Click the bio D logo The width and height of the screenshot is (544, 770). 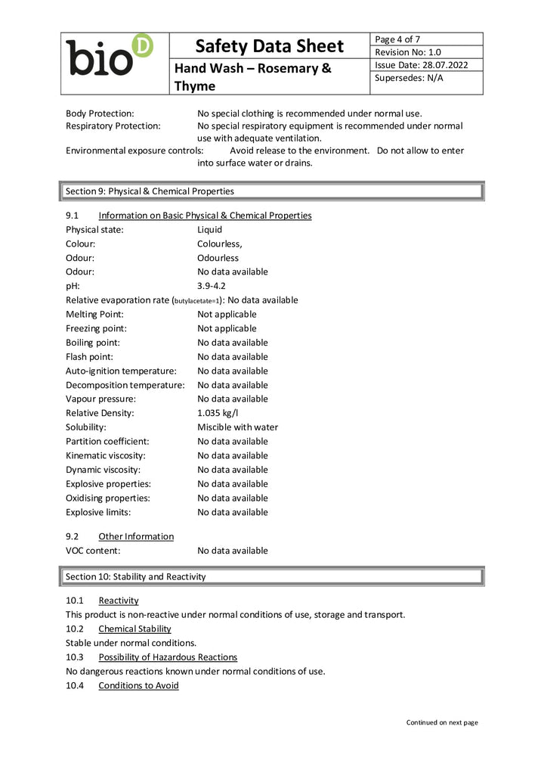coord(109,55)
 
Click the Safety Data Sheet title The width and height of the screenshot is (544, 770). coord(269,46)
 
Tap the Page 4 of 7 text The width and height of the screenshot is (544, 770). coord(398,39)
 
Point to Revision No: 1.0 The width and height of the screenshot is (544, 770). coord(408,52)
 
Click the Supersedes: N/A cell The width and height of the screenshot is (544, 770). coord(410,78)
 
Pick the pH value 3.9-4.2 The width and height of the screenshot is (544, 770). coord(212,286)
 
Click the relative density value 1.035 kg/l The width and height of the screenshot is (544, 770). coord(218,413)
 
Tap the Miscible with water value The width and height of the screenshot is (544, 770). coord(237,427)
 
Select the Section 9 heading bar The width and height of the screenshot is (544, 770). coord(271,191)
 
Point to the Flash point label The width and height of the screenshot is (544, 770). coord(89,356)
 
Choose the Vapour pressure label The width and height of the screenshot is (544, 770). coord(100,399)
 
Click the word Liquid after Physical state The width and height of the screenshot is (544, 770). coord(209,229)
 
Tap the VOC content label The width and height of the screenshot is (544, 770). coord(93,551)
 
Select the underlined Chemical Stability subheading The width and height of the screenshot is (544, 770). coord(134,629)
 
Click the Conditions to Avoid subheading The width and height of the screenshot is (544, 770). coord(138,685)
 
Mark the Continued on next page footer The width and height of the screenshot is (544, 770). coord(441,722)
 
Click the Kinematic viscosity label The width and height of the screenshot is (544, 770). coord(106,455)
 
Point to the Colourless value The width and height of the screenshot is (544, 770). coord(219,244)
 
